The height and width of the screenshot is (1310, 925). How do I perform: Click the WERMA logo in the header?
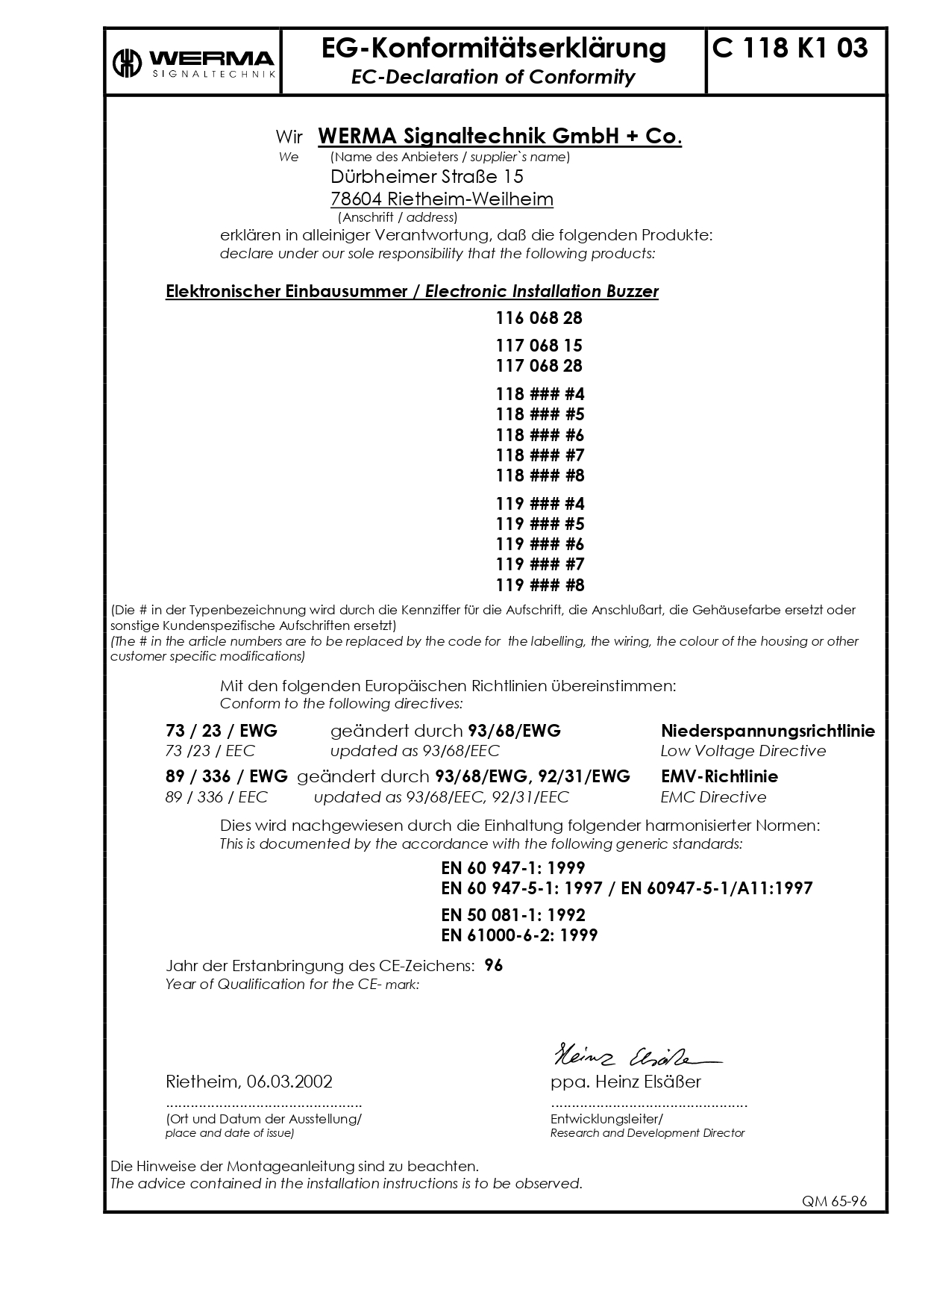tap(193, 63)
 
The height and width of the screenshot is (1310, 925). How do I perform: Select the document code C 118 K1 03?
tap(790, 49)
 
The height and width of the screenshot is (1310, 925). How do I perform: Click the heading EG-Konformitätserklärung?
tap(493, 49)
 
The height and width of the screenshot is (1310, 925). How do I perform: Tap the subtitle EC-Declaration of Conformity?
tap(493, 77)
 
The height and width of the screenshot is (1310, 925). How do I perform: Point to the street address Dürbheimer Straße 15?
tap(427, 177)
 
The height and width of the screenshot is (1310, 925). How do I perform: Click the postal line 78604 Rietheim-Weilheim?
tap(442, 199)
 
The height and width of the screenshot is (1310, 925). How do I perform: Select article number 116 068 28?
tap(539, 318)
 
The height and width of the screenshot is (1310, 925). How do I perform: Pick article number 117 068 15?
tap(539, 346)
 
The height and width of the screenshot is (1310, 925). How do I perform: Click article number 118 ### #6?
tap(539, 435)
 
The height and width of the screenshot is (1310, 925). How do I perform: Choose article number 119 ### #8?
tap(539, 584)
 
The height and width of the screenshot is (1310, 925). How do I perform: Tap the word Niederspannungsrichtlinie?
tap(768, 731)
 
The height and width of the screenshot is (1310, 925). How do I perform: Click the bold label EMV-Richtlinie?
tap(719, 776)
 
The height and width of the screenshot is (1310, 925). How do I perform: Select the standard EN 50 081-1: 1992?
tap(513, 915)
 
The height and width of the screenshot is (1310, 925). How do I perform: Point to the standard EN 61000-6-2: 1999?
tap(519, 935)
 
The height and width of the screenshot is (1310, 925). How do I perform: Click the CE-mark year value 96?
tap(494, 965)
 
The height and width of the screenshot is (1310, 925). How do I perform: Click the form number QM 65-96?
tap(834, 1202)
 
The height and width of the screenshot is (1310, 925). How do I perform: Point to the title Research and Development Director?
tap(647, 1133)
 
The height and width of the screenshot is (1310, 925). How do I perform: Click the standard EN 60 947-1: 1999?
tap(513, 868)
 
